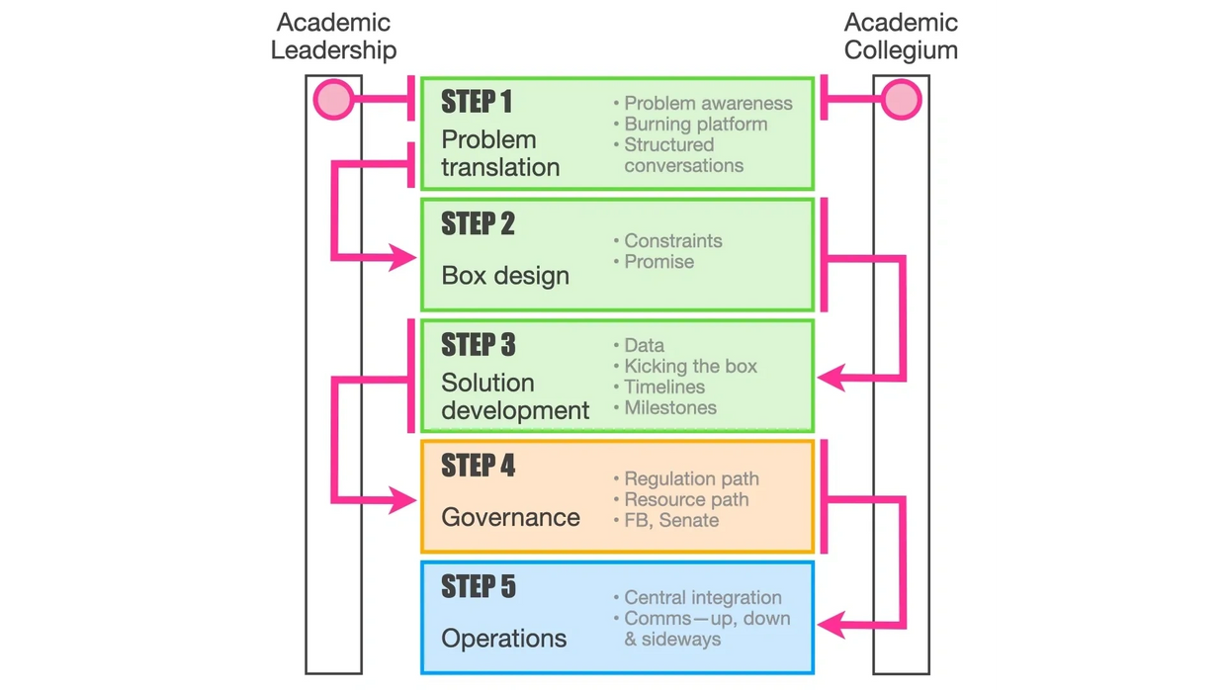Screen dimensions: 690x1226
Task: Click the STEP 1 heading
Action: pyautogui.click(x=477, y=102)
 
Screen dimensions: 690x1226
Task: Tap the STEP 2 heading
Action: pyautogui.click(x=478, y=224)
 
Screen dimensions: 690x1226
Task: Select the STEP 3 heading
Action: pyautogui.click(x=478, y=345)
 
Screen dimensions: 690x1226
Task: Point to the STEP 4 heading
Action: pyautogui.click(x=478, y=466)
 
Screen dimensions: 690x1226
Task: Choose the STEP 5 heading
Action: pyautogui.click(x=478, y=587)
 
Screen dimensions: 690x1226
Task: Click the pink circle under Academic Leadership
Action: pyautogui.click(x=333, y=99)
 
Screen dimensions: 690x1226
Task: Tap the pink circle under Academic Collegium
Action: pyautogui.click(x=901, y=99)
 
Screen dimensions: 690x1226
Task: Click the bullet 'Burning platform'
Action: pyautogui.click(x=695, y=124)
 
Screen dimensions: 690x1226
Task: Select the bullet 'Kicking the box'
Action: pyautogui.click(x=690, y=366)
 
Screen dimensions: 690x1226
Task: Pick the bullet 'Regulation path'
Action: pyautogui.click(x=691, y=478)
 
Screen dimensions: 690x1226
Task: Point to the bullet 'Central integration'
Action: pyautogui.click(x=702, y=597)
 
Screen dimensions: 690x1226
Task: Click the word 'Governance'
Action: pyautogui.click(x=510, y=517)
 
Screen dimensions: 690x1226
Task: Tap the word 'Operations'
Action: pyautogui.click(x=503, y=639)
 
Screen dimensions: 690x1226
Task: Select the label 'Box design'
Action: pyautogui.click(x=505, y=276)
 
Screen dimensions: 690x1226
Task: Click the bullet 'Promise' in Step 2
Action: pyautogui.click(x=658, y=262)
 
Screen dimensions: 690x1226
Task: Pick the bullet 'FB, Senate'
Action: pyautogui.click(x=671, y=520)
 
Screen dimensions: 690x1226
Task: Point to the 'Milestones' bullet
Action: pyautogui.click(x=669, y=407)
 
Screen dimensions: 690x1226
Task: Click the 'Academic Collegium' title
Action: pyautogui.click(x=901, y=37)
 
